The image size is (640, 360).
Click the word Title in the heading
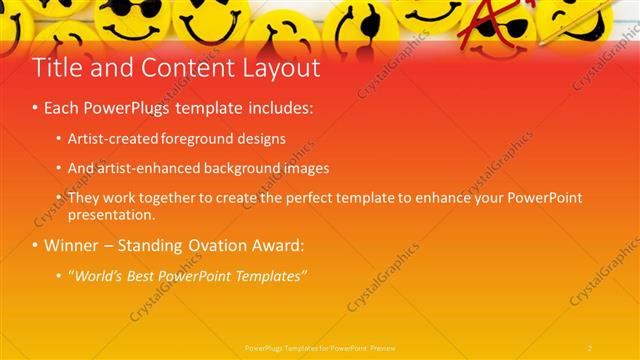coord(56,68)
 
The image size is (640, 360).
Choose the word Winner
coord(70,245)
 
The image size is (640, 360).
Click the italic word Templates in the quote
coord(272,276)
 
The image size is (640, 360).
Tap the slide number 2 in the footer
coord(590,347)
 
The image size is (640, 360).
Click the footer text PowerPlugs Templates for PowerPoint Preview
coord(321,347)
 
